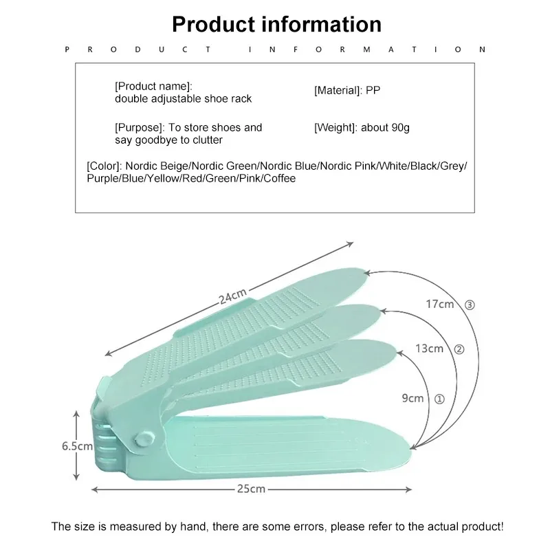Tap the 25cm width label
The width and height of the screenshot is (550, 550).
tap(252, 489)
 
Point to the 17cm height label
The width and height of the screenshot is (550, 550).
tap(439, 303)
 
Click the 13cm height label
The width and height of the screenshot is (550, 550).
tap(429, 349)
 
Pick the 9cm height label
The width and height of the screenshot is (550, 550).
tap(412, 398)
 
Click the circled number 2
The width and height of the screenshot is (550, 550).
tap(459, 349)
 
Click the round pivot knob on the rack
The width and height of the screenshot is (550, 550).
tap(144, 439)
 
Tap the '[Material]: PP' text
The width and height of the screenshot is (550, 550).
tap(346, 90)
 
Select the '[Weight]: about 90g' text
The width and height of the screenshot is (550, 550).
tap(362, 128)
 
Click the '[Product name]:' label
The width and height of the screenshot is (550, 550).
tap(153, 86)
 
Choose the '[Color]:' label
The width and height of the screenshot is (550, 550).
tap(104, 166)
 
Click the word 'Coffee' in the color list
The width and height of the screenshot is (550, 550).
tap(278, 179)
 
